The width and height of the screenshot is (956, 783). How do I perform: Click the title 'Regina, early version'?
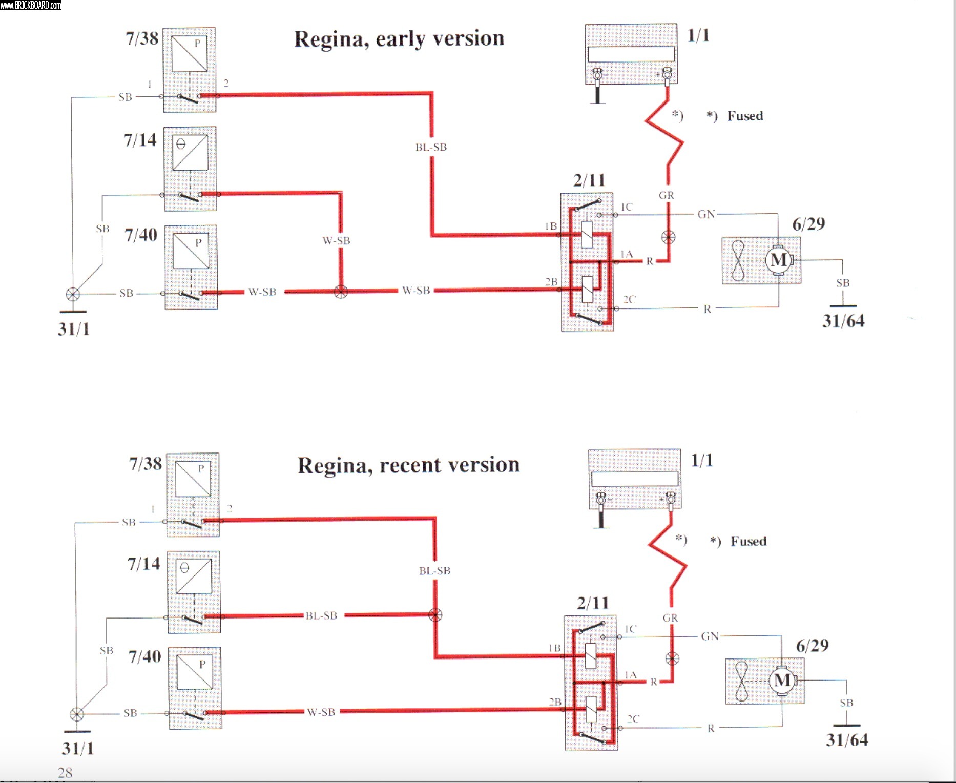coord(399,39)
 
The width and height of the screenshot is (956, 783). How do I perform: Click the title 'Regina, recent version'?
coord(409,465)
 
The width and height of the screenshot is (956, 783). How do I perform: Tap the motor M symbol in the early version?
coord(779,260)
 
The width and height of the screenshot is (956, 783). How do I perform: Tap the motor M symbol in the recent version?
coord(782,681)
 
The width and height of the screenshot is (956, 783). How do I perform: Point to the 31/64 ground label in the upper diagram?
coord(843,321)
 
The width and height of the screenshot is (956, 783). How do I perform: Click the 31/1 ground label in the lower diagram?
coord(78,748)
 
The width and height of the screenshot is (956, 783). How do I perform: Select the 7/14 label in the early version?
coord(140,140)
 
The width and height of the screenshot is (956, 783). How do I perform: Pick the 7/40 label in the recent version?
coord(144,656)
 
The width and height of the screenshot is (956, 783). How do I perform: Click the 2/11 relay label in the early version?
coord(589,180)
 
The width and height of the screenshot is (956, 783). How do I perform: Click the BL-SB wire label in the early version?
coord(431,148)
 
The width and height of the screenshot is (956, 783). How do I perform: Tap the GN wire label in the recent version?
coord(710,636)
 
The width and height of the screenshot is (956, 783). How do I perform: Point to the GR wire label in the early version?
coord(667,195)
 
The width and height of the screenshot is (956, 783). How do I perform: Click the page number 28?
coord(65,773)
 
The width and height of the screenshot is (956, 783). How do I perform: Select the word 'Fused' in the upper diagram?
coord(745,116)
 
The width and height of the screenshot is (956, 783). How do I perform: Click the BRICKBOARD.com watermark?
coord(31,5)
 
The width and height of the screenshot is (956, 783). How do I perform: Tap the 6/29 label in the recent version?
coord(812,646)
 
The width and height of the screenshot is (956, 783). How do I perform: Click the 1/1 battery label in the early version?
coord(698,35)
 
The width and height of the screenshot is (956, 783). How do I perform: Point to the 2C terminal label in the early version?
coord(629,299)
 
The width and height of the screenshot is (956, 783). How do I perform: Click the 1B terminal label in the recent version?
coord(554,648)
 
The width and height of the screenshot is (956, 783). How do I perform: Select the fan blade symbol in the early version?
coord(738,260)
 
